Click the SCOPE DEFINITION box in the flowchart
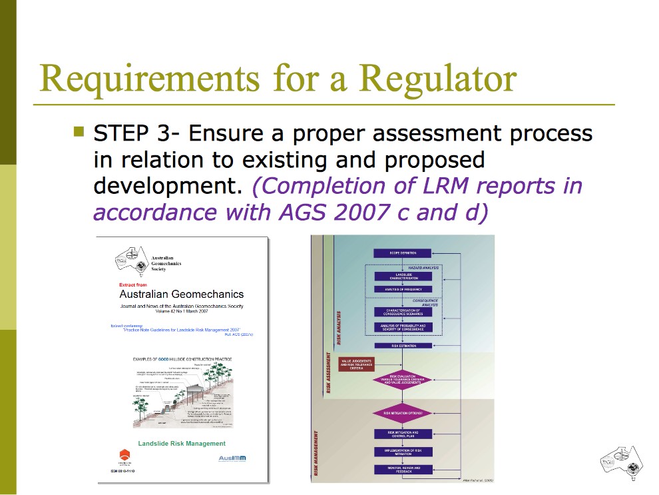pyautogui.click(x=402, y=253)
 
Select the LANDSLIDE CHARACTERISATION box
pyautogui.click(x=402, y=276)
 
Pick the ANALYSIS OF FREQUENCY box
pyautogui.click(x=402, y=289)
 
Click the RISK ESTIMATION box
pyautogui.click(x=402, y=346)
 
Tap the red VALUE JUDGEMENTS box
pyautogui.click(x=356, y=364)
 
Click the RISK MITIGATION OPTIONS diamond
pyautogui.click(x=402, y=413)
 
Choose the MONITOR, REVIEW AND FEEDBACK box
pyautogui.click(x=402, y=469)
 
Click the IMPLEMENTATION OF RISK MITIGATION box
pyautogui.click(x=402, y=451)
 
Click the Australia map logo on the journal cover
pyautogui.click(x=131, y=260)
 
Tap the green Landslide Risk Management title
pyautogui.click(x=182, y=443)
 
